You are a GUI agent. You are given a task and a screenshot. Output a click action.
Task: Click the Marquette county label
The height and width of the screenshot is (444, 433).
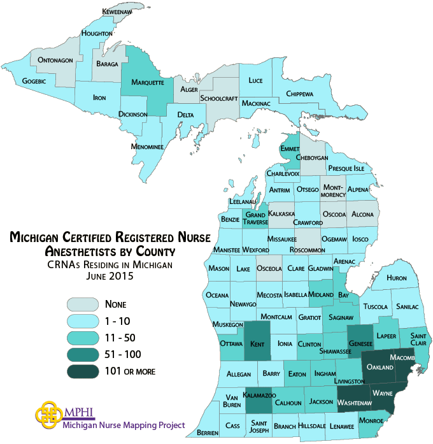pos(148,83)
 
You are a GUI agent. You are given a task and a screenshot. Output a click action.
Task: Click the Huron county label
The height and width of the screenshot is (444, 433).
pos(396,278)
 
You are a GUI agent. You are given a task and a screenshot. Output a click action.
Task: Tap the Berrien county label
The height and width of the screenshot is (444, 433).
pos(208,433)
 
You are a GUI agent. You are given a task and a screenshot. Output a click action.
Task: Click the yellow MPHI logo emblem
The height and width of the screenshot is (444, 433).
pos(49,415)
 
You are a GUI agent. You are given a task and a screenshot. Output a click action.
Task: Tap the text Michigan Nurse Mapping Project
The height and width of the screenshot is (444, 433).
pos(124,425)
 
